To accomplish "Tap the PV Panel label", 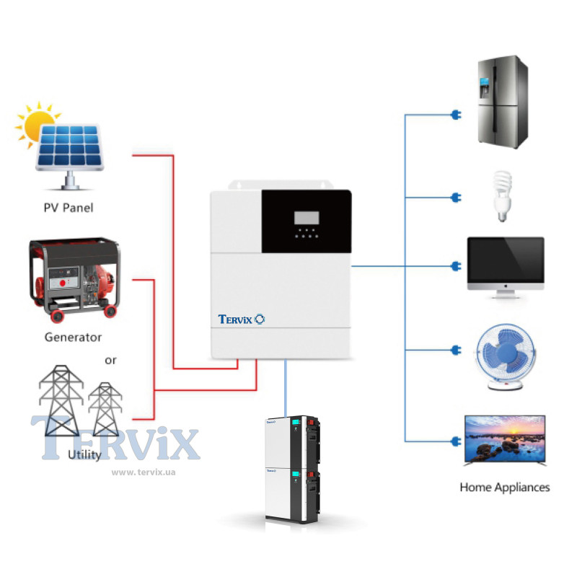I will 69,208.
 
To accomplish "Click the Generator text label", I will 73,337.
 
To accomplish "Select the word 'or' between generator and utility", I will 110,359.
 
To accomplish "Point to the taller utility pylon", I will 61,400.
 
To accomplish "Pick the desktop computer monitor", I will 505,265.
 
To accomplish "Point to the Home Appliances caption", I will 505,488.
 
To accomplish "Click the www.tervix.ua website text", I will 144,472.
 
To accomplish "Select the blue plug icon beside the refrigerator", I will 455,115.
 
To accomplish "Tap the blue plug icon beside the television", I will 455,441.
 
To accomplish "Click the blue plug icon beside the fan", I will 455,351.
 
